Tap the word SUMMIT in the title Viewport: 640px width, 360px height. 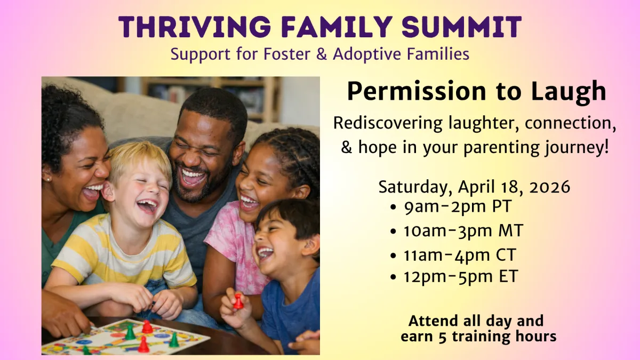click(x=462, y=27)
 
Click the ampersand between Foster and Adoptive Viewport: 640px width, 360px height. click(x=322, y=54)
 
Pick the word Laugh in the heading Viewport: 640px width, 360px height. click(x=569, y=91)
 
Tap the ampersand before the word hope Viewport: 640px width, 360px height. click(x=347, y=147)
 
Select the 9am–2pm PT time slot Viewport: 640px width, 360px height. click(x=458, y=206)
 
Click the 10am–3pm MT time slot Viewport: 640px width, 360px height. click(x=463, y=230)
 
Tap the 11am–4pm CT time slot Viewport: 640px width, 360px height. click(x=460, y=254)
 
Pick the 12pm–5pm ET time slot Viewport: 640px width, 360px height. click(x=461, y=276)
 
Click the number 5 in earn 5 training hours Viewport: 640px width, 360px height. click(x=442, y=337)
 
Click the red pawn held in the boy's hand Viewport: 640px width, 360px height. click(x=238, y=301)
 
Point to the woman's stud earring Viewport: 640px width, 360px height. click(x=49, y=179)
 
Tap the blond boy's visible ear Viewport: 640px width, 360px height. click(x=108, y=191)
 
